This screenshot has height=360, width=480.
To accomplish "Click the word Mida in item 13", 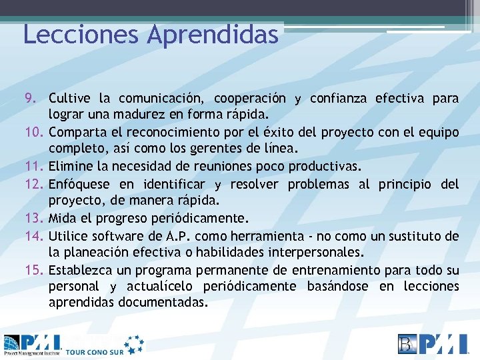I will (63, 218).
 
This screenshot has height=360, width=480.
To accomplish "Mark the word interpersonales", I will (314, 252).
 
